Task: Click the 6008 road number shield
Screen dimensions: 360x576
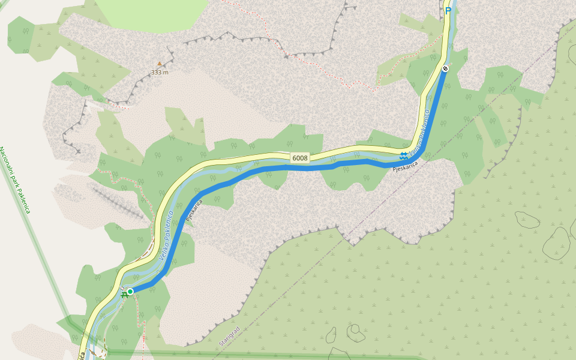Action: coord(300,158)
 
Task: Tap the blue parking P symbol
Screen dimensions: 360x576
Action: coord(448,10)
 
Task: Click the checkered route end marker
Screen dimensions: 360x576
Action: coord(445,69)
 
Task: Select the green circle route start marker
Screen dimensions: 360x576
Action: coord(130,292)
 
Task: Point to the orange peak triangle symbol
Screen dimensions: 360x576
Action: coord(160,64)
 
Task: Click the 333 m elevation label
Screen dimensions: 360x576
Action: coord(160,72)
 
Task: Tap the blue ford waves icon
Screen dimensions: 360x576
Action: coord(403,156)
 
